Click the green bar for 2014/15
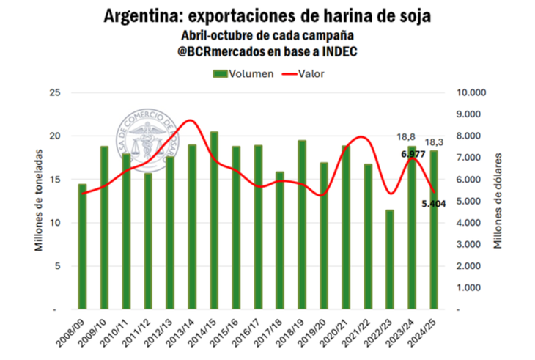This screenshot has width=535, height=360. (x=214, y=220)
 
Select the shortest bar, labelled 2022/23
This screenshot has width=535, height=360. (x=390, y=260)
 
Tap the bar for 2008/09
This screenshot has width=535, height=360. (x=82, y=246)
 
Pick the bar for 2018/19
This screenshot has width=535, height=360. (x=302, y=224)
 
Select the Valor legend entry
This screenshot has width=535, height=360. (x=303, y=73)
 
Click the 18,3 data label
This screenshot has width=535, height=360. (x=435, y=142)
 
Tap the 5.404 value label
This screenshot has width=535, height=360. (x=435, y=203)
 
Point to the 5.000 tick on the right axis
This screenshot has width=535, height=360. (x=472, y=201)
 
